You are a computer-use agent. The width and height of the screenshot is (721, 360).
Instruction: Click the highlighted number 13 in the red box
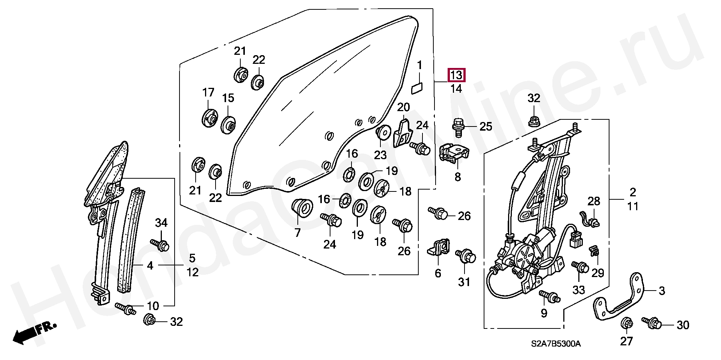[x=456, y=75]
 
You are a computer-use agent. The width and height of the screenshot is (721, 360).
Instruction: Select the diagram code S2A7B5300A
[x=556, y=344]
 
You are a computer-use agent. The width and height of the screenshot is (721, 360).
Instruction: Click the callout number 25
[x=486, y=127]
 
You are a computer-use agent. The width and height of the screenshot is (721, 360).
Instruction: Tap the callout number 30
[x=683, y=325]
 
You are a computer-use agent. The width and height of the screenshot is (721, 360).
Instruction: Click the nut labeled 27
[x=626, y=323]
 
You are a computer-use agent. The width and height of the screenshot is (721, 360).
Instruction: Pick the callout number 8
[x=457, y=176]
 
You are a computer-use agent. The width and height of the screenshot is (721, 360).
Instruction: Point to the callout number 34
[x=161, y=223]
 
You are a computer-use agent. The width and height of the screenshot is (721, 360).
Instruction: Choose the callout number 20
[x=403, y=108]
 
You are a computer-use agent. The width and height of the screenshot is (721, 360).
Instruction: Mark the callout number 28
[x=594, y=201]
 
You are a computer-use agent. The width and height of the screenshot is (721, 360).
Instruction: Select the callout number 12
[x=193, y=272]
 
